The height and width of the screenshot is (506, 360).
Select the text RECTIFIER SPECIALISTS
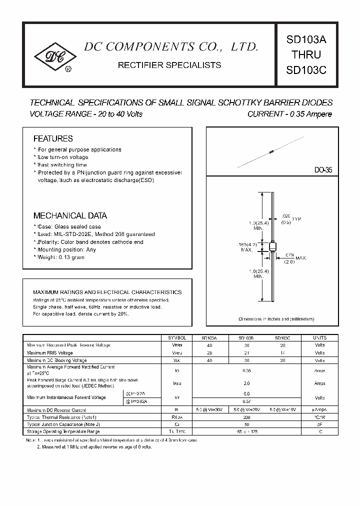click(168, 65)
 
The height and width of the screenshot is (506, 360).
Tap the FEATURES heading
click(53, 138)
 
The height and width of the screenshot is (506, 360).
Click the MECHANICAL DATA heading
click(70, 216)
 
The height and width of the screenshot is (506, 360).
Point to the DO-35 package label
click(323, 170)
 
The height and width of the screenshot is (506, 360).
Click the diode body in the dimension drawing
click(272, 247)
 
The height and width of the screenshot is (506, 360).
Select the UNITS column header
click(319, 337)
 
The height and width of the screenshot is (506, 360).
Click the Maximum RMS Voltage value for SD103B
click(245, 352)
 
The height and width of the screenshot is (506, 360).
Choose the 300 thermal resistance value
click(245, 417)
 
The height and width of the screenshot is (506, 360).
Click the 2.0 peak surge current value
click(245, 383)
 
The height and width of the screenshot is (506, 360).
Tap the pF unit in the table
click(319, 424)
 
